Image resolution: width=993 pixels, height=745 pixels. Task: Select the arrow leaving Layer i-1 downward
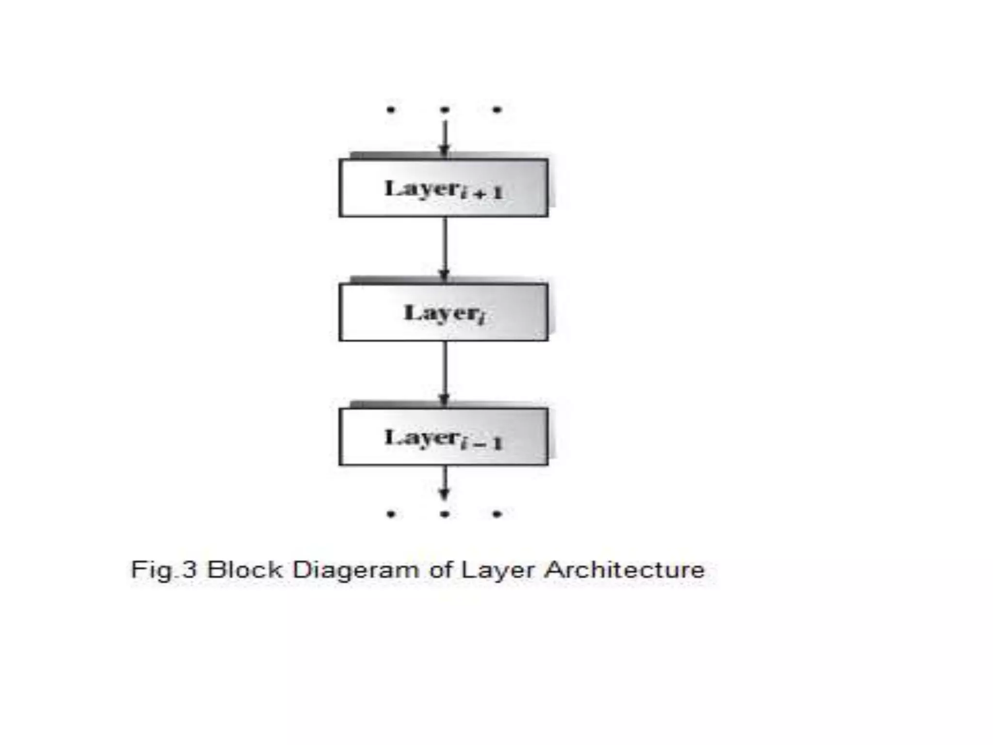445,483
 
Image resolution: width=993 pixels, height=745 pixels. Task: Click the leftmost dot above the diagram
391,110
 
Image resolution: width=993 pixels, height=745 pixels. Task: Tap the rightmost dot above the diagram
497,110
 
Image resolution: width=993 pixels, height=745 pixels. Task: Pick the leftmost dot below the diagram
391,514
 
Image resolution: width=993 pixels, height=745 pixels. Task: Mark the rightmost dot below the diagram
497,514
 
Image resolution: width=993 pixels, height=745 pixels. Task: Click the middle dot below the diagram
445,514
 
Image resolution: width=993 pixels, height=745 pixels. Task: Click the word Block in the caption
244,569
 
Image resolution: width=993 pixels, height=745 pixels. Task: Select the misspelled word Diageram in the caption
355,570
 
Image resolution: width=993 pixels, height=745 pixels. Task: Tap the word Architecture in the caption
625,569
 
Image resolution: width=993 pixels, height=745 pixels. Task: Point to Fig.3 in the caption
164,569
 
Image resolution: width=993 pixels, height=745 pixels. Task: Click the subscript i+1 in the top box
482,194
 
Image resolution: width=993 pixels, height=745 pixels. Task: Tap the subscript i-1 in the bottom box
482,442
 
